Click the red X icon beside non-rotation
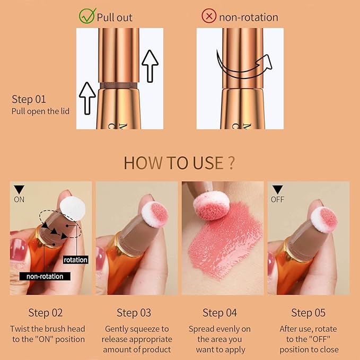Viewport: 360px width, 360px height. (x=209, y=16)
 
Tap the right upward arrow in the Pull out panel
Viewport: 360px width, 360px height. (x=151, y=65)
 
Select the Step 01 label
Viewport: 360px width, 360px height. (x=29, y=99)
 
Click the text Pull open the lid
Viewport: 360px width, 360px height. (x=40, y=111)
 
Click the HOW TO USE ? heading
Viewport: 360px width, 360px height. (x=179, y=163)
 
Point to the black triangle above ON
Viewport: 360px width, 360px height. (x=19, y=189)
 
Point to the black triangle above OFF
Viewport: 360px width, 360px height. (x=277, y=189)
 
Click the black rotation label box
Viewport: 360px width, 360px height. (x=75, y=260)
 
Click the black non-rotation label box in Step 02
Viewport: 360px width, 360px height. (x=45, y=276)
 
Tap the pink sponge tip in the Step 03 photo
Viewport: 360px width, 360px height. (x=155, y=213)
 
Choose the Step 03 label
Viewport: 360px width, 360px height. (x=134, y=313)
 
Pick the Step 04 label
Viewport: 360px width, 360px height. (x=219, y=313)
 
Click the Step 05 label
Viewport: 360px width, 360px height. (x=309, y=313)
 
